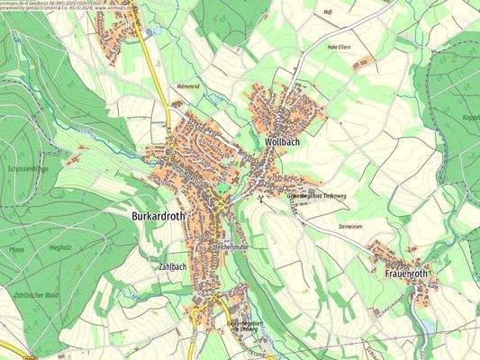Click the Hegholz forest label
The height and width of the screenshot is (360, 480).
(60, 244)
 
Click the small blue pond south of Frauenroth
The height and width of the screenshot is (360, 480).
(427, 317)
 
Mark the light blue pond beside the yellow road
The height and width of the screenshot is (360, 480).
(156, 31)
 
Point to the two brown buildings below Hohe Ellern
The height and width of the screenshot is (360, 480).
(362, 63)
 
